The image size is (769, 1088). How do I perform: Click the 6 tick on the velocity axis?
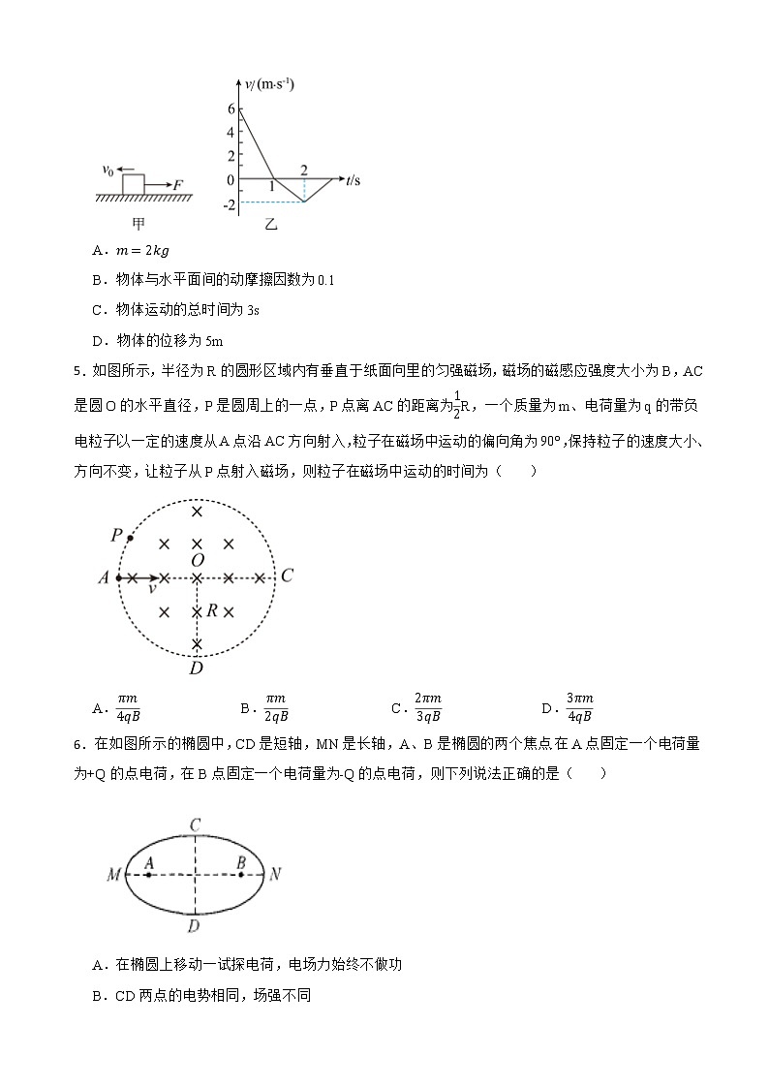click(x=231, y=109)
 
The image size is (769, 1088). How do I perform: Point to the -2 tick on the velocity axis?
click(x=229, y=204)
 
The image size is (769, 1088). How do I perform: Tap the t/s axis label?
click(x=353, y=180)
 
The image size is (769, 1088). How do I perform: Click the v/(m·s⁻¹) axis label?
click(x=270, y=85)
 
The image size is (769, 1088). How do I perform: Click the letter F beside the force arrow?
click(x=178, y=184)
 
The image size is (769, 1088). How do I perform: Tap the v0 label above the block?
click(x=108, y=171)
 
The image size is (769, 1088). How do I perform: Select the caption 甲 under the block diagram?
click(x=138, y=226)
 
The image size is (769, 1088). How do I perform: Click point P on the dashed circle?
click(x=130, y=538)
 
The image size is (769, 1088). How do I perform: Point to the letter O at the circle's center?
click(x=198, y=561)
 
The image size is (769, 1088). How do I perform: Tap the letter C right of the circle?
click(x=287, y=576)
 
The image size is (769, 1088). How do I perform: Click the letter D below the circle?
click(x=197, y=668)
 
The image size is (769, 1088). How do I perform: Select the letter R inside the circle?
click(x=212, y=611)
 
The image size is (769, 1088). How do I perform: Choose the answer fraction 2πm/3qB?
click(x=428, y=707)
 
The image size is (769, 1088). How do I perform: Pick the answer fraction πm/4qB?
click(x=127, y=707)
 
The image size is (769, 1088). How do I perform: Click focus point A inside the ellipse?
click(x=148, y=874)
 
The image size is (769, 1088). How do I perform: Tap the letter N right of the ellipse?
click(x=275, y=874)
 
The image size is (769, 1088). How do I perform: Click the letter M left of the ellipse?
click(x=113, y=875)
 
